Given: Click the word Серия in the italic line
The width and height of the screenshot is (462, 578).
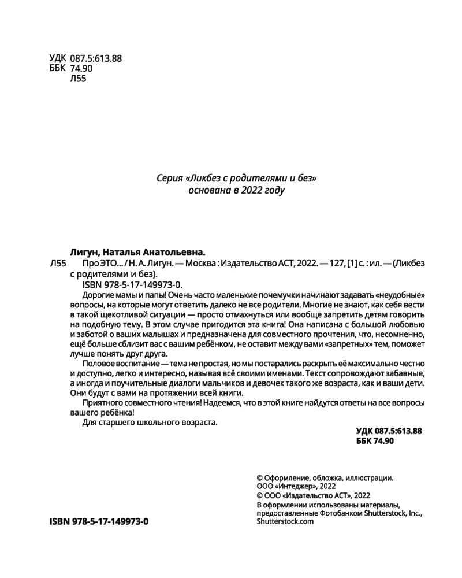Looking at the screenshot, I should [x=168, y=179].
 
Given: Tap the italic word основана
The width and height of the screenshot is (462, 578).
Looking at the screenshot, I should [x=207, y=190].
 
